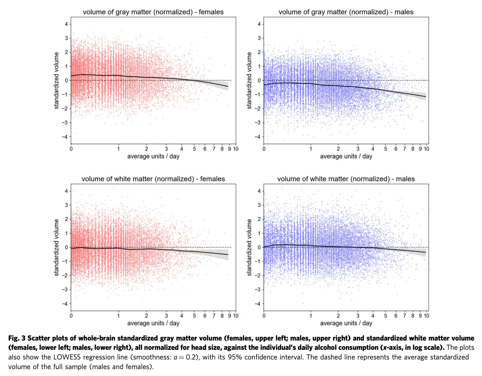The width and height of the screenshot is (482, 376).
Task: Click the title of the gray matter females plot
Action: (x=153, y=12)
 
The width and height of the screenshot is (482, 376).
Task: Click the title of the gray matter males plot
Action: (x=346, y=12)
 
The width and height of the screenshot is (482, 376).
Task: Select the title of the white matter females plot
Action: (x=153, y=179)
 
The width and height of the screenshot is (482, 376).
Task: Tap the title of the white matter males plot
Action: (x=346, y=179)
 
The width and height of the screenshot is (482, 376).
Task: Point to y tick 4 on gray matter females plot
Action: (x=66, y=24)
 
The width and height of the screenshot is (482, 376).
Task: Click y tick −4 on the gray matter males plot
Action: (x=258, y=137)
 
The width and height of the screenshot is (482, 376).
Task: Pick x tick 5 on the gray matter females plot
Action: (x=195, y=149)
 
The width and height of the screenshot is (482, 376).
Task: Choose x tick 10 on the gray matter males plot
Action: (x=426, y=149)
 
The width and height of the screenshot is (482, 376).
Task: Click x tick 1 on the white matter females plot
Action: (x=118, y=316)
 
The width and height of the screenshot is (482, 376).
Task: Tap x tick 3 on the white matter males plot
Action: (x=358, y=316)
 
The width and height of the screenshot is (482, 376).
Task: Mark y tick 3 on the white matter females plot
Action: (x=66, y=205)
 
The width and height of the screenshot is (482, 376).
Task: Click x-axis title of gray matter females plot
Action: (x=153, y=156)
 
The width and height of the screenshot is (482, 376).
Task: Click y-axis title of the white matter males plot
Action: (x=249, y=248)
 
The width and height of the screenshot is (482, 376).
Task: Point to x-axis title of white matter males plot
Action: (x=346, y=323)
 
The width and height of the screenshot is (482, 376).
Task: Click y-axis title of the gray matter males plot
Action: (x=249, y=81)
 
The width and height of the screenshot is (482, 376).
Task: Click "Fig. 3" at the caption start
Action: (x=17, y=338)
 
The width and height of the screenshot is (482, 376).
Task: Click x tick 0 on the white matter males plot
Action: (x=264, y=316)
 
